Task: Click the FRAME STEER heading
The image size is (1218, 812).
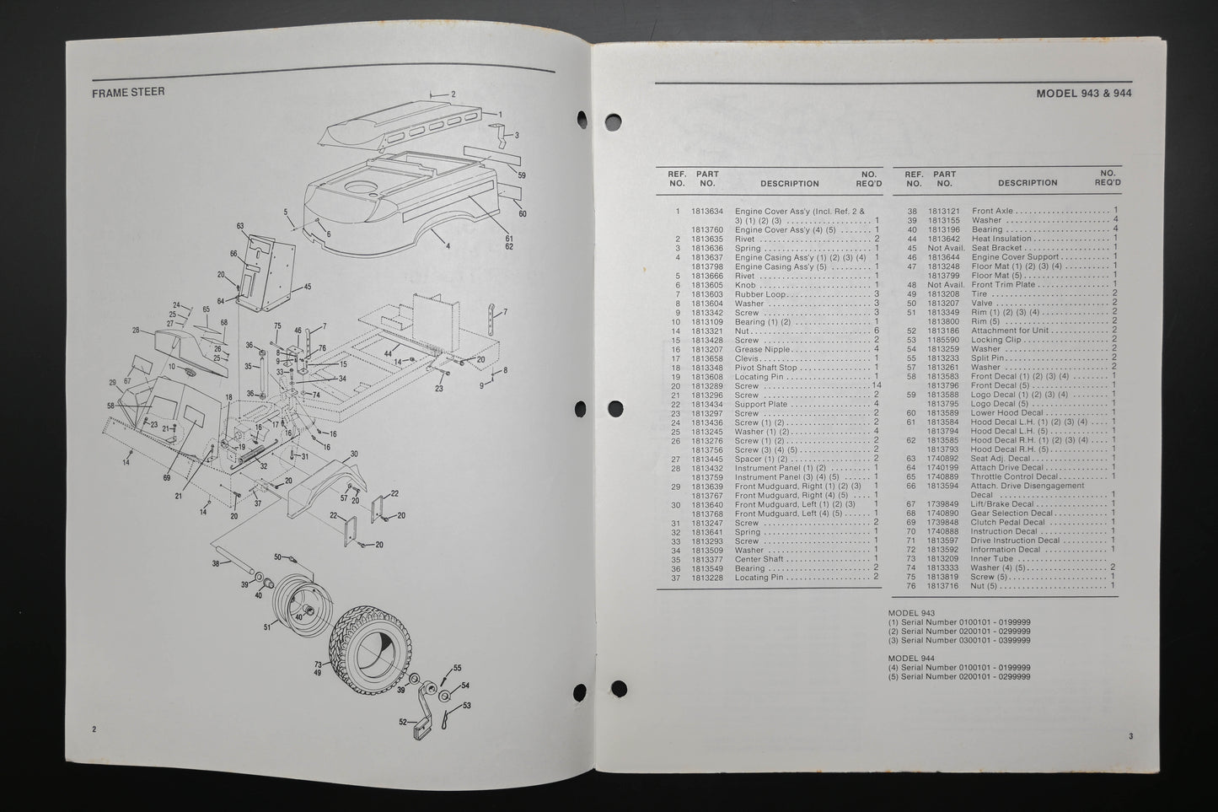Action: (x=128, y=93)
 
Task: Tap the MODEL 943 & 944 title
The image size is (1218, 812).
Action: (x=1084, y=94)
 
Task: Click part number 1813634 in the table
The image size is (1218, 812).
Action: (x=707, y=212)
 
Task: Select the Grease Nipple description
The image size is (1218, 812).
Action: (x=762, y=350)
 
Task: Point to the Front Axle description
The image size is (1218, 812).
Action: (x=992, y=211)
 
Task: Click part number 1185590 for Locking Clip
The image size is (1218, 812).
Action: (x=943, y=340)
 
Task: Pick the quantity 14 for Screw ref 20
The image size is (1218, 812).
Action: (x=876, y=385)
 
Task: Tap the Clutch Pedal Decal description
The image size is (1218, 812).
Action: (x=1007, y=523)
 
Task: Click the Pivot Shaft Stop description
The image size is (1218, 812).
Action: (x=765, y=368)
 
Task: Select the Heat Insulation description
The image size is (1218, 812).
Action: (x=1001, y=239)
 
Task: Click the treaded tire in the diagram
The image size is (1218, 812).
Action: (x=370, y=650)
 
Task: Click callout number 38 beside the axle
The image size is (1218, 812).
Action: (x=216, y=564)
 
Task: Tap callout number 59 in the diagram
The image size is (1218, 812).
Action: (x=522, y=175)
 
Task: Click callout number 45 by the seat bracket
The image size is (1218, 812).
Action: (x=307, y=287)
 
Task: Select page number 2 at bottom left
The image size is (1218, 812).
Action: (x=94, y=729)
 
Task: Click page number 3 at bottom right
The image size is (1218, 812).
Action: (x=1131, y=736)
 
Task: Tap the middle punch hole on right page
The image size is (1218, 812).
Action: (x=615, y=408)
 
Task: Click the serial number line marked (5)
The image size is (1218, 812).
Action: (x=959, y=677)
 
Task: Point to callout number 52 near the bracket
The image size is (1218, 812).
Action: (x=403, y=723)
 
